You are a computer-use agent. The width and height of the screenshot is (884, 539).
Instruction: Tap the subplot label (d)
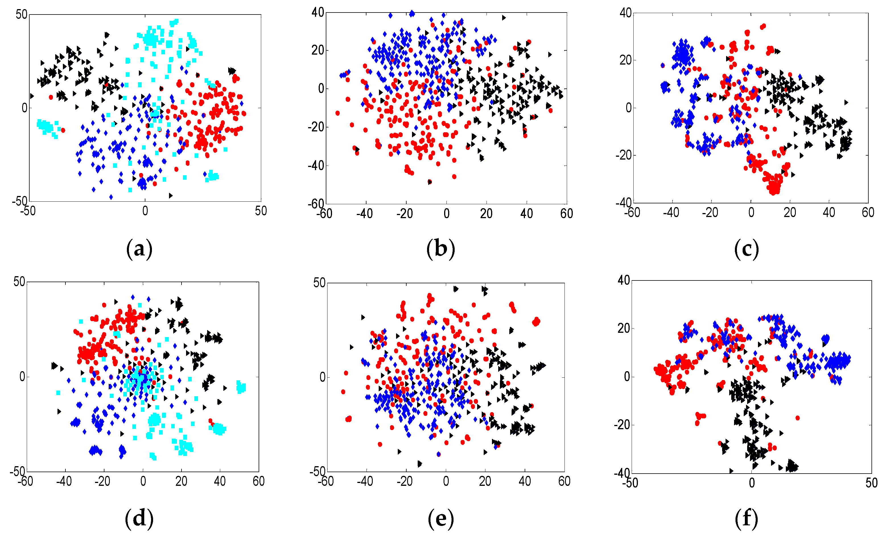coord(139,519)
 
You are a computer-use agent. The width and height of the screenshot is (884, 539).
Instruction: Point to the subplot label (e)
coord(440,519)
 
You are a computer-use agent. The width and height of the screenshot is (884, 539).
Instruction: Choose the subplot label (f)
coord(746,519)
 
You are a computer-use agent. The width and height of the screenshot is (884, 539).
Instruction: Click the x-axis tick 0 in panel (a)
coord(145,211)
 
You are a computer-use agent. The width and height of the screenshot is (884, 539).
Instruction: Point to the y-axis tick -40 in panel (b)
coord(316,166)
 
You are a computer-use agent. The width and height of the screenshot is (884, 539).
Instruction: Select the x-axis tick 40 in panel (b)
coord(526,214)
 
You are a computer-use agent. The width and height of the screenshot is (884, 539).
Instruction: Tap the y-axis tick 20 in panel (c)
coord(625,60)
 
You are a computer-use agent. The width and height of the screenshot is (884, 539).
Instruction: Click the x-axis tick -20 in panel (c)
coord(710,213)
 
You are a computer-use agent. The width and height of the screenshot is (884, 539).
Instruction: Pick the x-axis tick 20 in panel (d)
coord(181,481)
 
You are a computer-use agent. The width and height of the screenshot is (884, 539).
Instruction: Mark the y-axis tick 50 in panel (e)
coord(319,283)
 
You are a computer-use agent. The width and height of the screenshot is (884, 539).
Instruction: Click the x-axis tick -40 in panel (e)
coord(365,481)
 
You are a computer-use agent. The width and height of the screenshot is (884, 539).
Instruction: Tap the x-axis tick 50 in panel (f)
coord(871,483)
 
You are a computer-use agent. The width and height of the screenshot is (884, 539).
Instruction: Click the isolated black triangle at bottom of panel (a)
coord(170,195)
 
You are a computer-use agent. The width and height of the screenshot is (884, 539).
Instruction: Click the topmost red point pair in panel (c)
coord(763,26)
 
